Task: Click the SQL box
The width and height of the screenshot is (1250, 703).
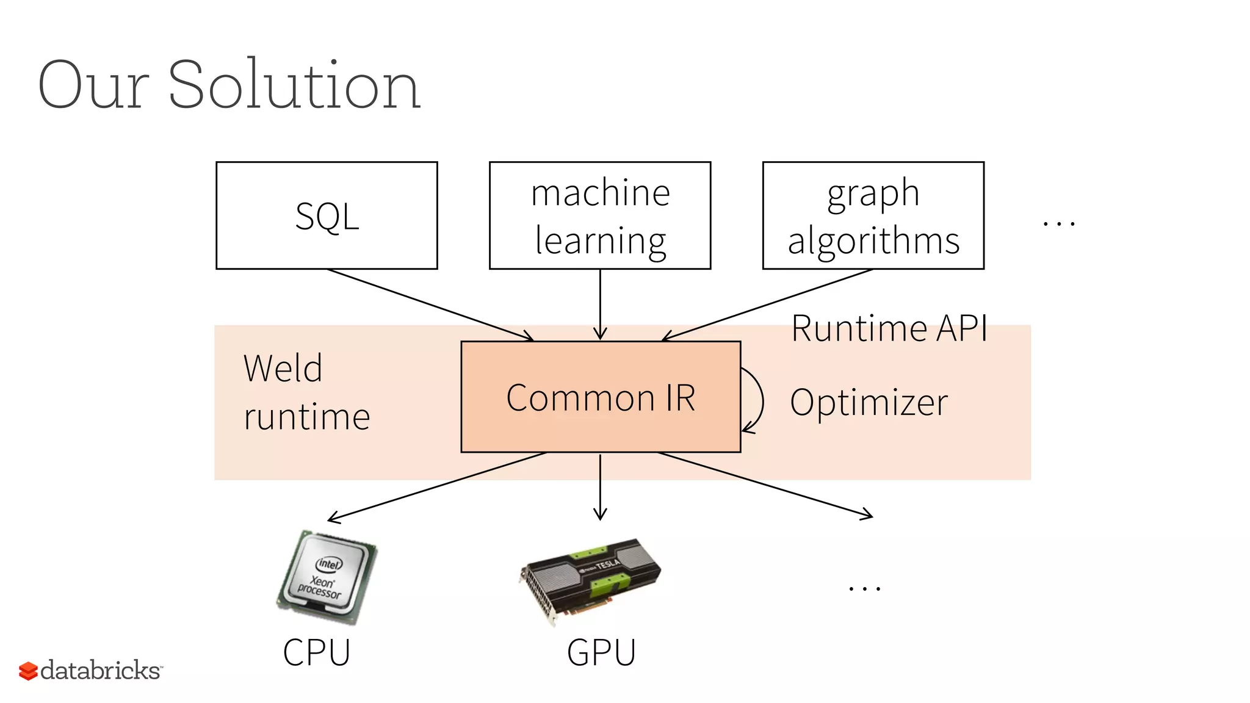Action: tap(327, 215)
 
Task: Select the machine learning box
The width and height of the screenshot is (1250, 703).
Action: tap(600, 215)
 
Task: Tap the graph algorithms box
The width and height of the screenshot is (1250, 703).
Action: tap(873, 215)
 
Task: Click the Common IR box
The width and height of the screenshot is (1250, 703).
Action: tap(601, 397)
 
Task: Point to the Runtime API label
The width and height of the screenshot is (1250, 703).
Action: tap(889, 328)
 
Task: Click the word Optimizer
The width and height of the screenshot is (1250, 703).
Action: tap(869, 403)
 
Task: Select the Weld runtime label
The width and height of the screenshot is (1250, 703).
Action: tap(306, 392)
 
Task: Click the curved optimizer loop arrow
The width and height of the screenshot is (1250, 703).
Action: tap(760, 400)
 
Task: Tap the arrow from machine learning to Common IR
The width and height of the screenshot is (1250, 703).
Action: tap(600, 303)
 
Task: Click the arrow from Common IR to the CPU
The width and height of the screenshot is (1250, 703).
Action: tap(436, 486)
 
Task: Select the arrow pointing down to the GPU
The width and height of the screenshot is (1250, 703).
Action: tap(600, 486)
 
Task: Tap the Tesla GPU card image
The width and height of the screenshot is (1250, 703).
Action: tap(590, 580)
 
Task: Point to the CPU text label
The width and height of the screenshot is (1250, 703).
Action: tap(316, 652)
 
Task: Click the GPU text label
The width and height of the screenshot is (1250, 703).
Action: tap(601, 652)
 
